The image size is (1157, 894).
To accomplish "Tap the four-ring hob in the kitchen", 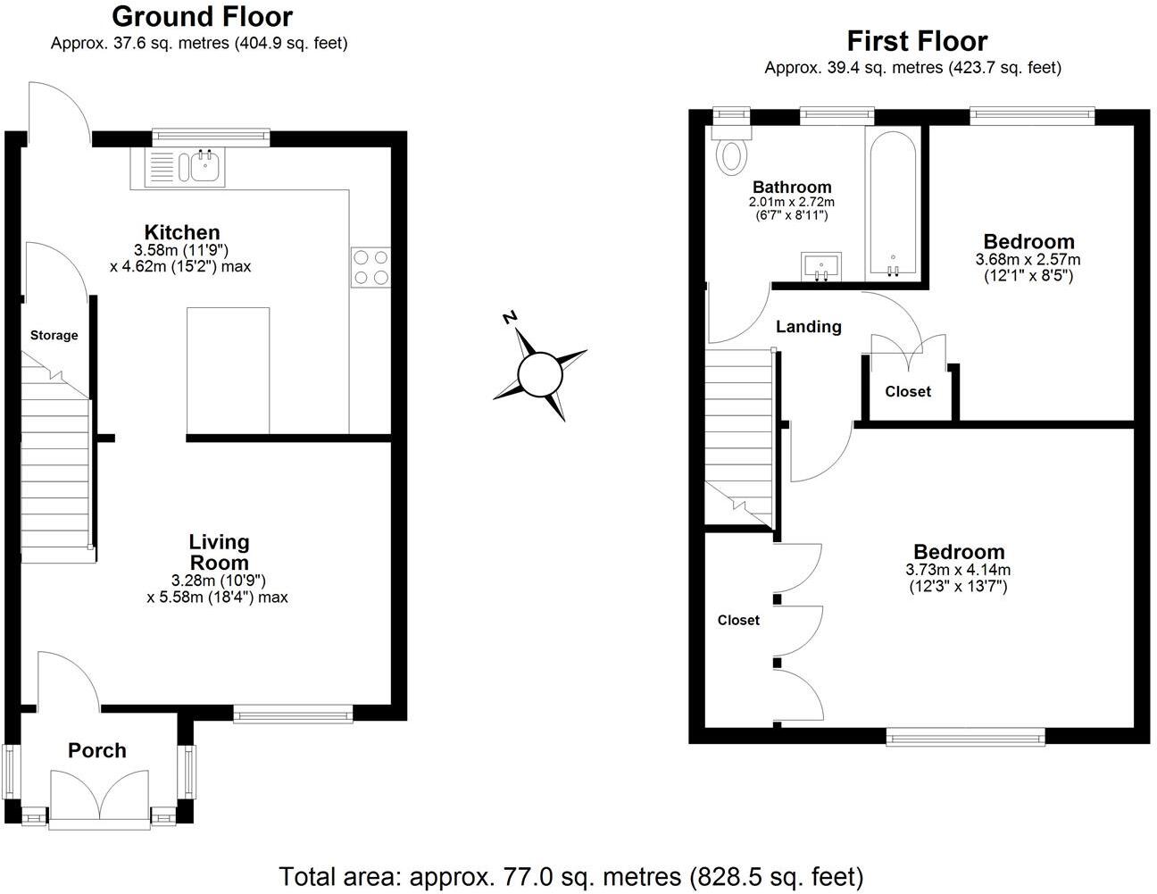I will [371, 266].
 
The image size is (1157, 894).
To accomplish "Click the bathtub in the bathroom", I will [891, 205].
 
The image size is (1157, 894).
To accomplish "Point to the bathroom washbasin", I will [820, 265].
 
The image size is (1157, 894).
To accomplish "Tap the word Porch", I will [97, 750].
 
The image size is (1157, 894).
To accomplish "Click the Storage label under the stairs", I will [54, 336].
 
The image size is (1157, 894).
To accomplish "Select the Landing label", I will [808, 327].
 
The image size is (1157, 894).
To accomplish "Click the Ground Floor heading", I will [203, 16].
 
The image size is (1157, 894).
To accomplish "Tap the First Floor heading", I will [917, 41].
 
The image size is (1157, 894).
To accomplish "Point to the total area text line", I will [571, 875].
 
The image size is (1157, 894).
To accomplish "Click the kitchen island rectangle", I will [228, 370].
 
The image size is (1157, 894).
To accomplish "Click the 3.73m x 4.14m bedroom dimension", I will [958, 570].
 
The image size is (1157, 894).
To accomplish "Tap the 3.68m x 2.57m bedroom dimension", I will [1028, 260].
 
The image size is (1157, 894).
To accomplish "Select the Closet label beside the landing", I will [908, 391].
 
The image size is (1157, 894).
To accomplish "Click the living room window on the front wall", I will [293, 714].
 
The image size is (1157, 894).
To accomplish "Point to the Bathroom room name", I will [792, 187].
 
